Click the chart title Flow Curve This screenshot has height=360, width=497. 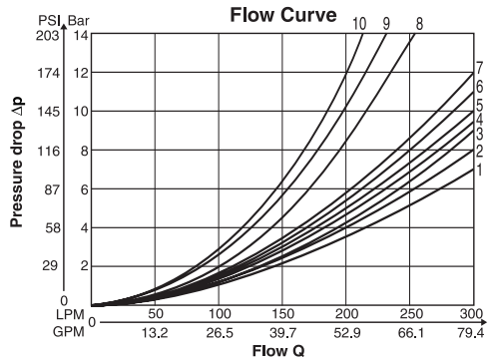[283, 15]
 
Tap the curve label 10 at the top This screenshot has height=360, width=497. [359, 24]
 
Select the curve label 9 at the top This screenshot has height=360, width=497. [386, 24]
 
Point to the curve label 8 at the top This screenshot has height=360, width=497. [419, 24]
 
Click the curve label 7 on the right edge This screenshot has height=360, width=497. [479, 68]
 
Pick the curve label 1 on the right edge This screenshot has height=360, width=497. [479, 170]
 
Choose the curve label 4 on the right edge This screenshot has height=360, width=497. [479, 120]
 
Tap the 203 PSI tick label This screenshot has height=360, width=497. [48, 35]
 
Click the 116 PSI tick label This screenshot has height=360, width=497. [48, 152]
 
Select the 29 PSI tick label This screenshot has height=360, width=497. [50, 265]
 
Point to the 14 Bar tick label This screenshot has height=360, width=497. [81, 35]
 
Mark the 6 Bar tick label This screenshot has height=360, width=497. [85, 189]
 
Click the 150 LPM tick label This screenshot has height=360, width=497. [282, 314]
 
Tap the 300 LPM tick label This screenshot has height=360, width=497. [471, 314]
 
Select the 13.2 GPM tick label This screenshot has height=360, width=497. [155, 332]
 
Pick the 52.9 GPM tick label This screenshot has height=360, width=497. [347, 332]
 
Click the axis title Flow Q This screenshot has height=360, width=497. [278, 351]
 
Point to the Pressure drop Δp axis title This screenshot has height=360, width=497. [17, 163]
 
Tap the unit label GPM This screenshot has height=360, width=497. [69, 332]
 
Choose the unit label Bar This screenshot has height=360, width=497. [79, 21]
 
